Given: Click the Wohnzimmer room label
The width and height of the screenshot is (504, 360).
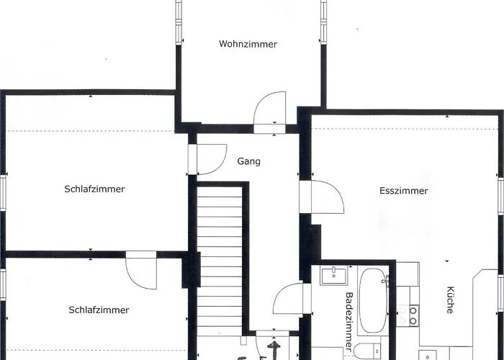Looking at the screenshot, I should click(x=248, y=44).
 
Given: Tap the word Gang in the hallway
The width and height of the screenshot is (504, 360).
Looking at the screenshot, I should click(x=249, y=161).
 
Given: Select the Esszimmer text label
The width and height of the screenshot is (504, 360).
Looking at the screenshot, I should click(x=404, y=191).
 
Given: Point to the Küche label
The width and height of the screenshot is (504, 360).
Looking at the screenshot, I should click(x=449, y=300).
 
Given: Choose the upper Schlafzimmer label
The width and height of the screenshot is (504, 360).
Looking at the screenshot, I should click(x=94, y=189).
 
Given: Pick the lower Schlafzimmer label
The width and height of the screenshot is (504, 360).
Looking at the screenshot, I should click(x=99, y=310).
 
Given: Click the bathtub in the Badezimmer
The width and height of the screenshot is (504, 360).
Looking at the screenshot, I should click(x=373, y=301).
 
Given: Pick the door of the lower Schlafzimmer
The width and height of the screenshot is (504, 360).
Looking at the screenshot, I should click(x=140, y=270).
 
